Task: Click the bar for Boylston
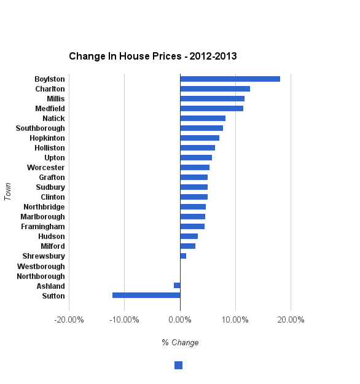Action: pyautogui.click(x=230, y=79)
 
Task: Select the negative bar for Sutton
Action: pyautogui.click(x=146, y=296)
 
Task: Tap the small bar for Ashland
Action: pyautogui.click(x=177, y=286)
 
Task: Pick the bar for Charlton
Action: pyautogui.click(x=215, y=89)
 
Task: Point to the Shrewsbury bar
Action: pyautogui.click(x=183, y=256)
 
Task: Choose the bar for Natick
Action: pyautogui.click(x=203, y=119)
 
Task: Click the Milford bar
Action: pyautogui.click(x=187, y=246)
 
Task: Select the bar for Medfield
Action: pyautogui.click(x=211, y=109)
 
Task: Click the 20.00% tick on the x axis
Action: pyautogui.click(x=291, y=319)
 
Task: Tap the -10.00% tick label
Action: pyautogui.click(x=124, y=319)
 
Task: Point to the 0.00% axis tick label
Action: pyautogui.click(x=180, y=319)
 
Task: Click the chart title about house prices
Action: pyautogui.click(x=153, y=57)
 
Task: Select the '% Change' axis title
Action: pyautogui.click(x=180, y=342)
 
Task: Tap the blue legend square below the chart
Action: pyautogui.click(x=178, y=366)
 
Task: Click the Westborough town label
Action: pyautogui.click(x=41, y=267)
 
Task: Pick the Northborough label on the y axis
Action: pyautogui.click(x=41, y=276)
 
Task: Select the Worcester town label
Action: pyautogui.click(x=45, y=168)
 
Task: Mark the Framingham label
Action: pyautogui.click(x=43, y=227)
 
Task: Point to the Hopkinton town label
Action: pyautogui.click(x=47, y=138)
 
